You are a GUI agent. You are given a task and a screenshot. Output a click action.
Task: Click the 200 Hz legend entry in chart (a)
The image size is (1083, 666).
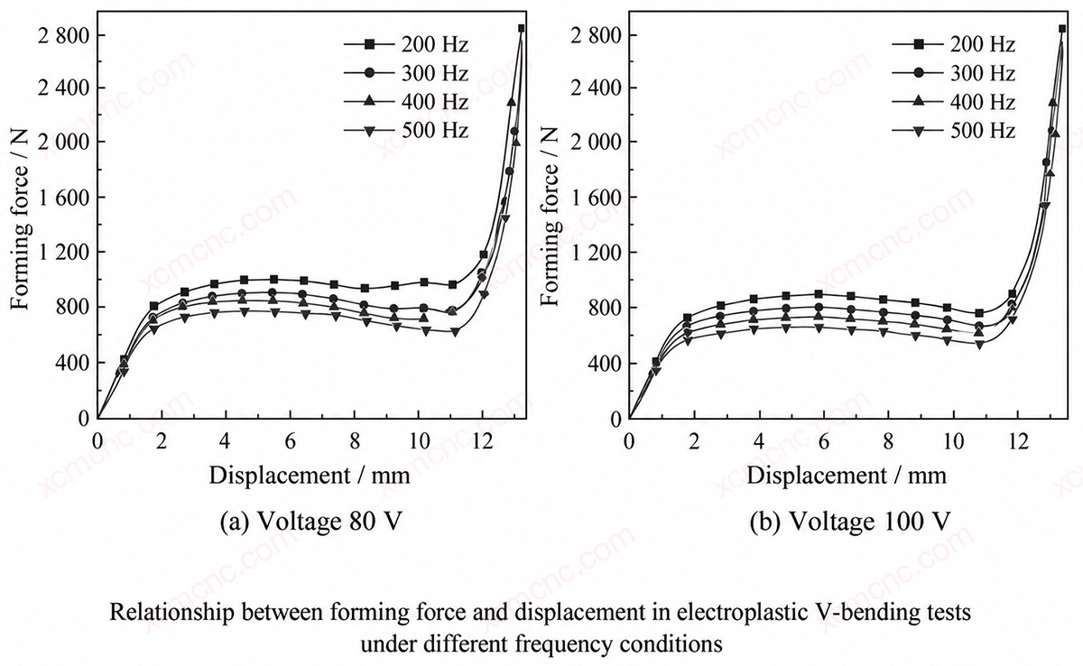[x=406, y=45]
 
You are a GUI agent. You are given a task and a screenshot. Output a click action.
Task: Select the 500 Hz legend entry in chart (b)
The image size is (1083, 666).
[x=953, y=131]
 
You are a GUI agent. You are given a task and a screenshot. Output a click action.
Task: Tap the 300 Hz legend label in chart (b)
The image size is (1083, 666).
[x=983, y=73]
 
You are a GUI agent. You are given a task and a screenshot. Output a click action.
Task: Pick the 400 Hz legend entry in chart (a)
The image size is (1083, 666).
[x=406, y=102]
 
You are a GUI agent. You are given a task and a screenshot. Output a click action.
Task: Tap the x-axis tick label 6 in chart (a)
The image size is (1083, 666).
[x=290, y=441]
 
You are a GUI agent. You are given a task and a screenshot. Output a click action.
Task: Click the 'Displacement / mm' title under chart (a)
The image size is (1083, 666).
[x=310, y=476]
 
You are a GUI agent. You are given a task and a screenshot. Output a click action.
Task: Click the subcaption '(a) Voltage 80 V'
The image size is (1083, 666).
[x=310, y=522]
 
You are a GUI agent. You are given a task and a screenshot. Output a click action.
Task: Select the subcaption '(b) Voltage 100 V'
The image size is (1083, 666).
[x=850, y=522]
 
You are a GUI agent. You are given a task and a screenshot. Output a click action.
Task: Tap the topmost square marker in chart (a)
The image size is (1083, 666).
[x=522, y=29]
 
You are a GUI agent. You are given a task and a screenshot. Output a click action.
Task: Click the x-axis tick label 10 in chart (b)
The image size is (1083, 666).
[x=953, y=441]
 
